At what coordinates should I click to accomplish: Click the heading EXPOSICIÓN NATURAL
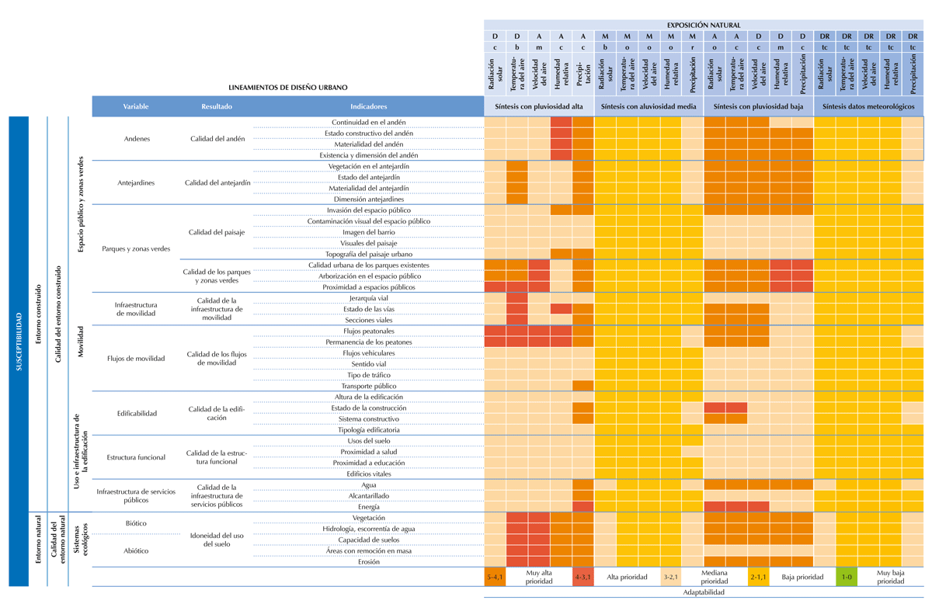coord(704,25)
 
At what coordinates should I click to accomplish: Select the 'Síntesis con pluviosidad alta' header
coord(539,106)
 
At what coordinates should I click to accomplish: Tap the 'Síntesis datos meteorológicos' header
coord(868,106)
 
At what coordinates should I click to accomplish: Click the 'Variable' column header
coord(135,106)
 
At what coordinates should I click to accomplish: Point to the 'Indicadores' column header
coord(369,106)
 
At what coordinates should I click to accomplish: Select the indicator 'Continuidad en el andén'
coord(369,123)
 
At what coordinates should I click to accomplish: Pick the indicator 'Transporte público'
coord(369,386)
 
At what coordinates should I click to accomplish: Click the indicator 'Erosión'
coord(369,562)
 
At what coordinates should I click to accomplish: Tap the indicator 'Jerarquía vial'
coord(369,298)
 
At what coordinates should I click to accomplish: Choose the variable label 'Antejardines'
coord(136,183)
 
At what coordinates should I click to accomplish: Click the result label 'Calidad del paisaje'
coord(217,232)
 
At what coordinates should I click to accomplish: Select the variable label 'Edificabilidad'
coord(137,413)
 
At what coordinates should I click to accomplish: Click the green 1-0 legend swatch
coord(847,577)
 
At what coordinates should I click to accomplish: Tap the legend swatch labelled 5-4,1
coord(496,577)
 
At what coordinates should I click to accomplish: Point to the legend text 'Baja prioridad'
coord(802,577)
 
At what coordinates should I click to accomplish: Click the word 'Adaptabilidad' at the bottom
coord(704,592)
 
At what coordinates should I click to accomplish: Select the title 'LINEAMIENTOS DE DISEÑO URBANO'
coord(288,88)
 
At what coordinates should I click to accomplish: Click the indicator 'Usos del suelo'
coord(369,441)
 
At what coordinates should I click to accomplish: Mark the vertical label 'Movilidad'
coord(80,342)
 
